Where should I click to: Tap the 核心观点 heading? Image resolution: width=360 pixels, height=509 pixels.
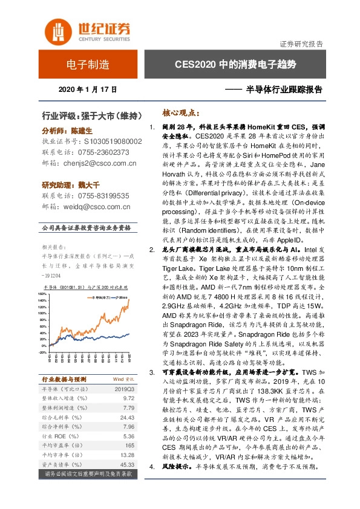coord(180,112)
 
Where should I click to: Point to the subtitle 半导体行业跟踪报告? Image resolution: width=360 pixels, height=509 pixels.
coord(282,89)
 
